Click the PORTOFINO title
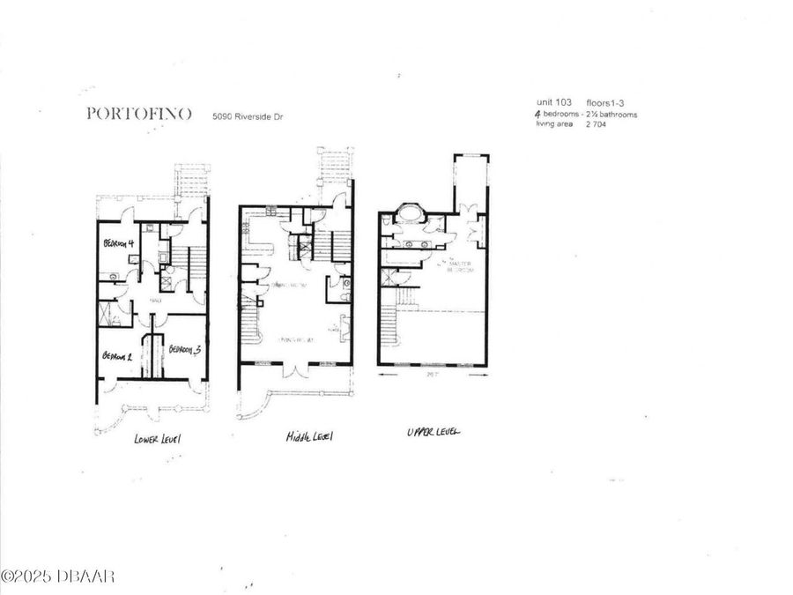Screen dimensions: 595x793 click(138, 114)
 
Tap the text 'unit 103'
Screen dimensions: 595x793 click(553, 103)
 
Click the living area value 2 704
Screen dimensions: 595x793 click(593, 124)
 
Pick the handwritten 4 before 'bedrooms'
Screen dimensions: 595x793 click(539, 114)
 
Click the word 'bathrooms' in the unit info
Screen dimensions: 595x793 click(618, 114)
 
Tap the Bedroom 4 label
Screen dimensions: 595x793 click(118, 243)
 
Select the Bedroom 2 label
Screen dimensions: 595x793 click(116, 356)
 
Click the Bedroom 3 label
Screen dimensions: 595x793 click(183, 349)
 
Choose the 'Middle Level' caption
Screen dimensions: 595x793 click(309, 436)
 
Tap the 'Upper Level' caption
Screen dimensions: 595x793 click(434, 432)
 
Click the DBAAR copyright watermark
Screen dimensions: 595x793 click(57, 576)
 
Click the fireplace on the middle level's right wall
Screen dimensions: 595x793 click(345, 327)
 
